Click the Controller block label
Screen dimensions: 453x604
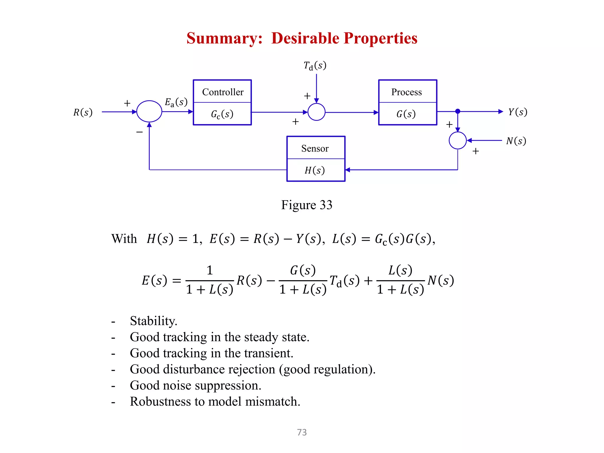point(223,92)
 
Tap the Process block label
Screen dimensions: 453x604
point(406,92)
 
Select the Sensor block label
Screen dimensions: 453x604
point(315,148)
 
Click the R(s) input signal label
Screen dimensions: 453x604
point(83,112)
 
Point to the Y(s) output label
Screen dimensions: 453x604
point(517,112)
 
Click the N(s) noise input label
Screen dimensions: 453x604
point(516,141)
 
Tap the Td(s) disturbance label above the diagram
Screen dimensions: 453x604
point(315,65)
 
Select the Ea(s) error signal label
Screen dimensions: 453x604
point(176,102)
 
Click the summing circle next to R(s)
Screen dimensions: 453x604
point(149,111)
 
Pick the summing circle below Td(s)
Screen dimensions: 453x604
point(316,112)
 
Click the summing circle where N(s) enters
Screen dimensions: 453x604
point(457,140)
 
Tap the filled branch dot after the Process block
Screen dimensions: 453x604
point(457,111)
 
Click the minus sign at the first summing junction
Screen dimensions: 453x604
point(139,132)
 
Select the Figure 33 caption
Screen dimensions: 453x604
point(306,205)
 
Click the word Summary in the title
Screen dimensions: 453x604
point(224,38)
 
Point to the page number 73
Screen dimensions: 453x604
point(302,432)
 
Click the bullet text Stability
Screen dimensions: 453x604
point(153,321)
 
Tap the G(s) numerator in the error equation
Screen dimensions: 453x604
point(303,270)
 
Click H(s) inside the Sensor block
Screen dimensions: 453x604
point(314,170)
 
